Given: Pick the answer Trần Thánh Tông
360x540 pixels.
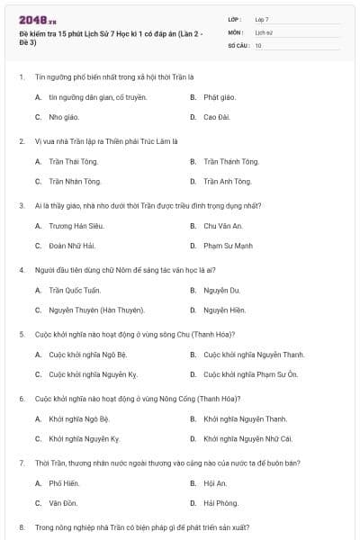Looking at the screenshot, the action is [231, 162].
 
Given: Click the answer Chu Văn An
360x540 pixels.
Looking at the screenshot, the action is [223, 226].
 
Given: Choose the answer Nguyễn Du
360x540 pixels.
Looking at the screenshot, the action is [221, 291].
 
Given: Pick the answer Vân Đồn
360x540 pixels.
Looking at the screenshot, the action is [63, 503].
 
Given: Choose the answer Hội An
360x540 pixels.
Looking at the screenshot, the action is [214, 483].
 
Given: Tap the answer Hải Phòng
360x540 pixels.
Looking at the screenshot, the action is [220, 503].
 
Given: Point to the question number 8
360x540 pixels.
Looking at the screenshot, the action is [22, 526].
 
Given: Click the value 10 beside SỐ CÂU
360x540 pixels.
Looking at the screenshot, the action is [259, 44].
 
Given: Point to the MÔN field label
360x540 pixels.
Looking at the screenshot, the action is [235, 31].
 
